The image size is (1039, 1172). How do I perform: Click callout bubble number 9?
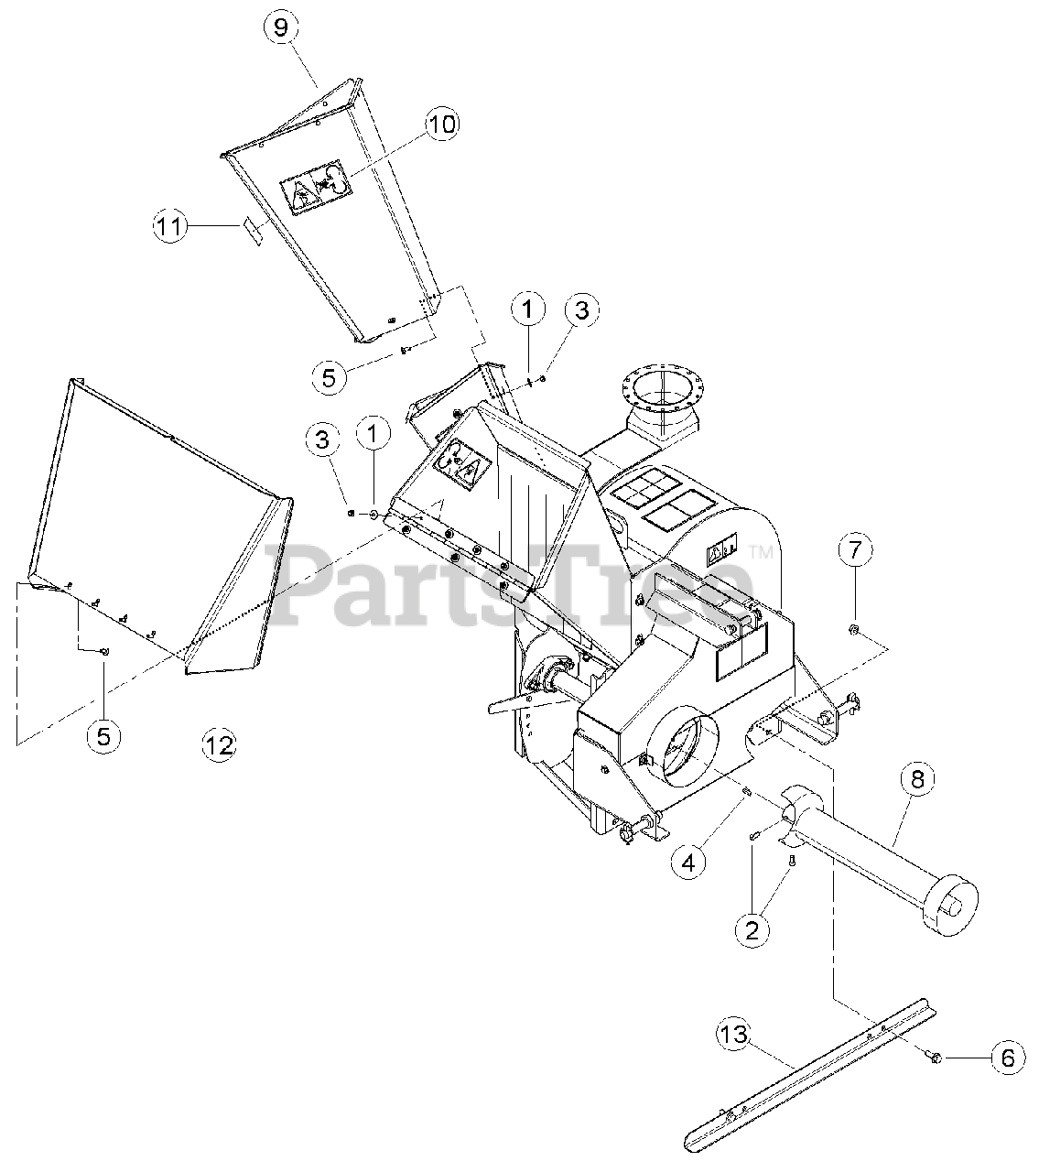pos(281,27)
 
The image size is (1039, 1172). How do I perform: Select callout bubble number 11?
pos(170,225)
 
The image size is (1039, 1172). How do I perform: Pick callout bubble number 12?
pos(219,745)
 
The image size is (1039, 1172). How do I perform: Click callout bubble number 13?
pos(734,1036)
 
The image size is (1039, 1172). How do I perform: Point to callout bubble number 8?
pos(917,779)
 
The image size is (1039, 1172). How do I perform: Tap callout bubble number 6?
pos(1007,1058)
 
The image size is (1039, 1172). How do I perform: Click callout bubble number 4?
pos(687,861)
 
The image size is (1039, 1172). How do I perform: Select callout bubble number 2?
pos(752,930)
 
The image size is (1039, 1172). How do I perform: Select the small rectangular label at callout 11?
pos(253,229)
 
